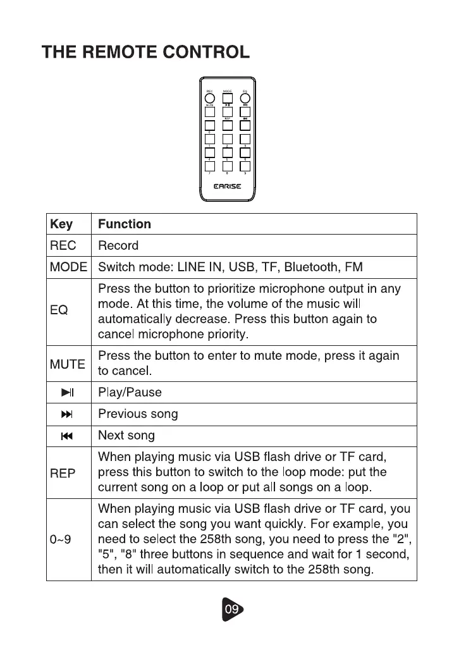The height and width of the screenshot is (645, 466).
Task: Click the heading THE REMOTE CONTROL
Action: [x=146, y=52]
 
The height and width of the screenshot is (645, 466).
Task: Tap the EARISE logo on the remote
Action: [x=227, y=186]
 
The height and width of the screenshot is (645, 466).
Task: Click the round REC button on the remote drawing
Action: [x=209, y=98]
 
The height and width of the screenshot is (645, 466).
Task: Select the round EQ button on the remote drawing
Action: [x=245, y=98]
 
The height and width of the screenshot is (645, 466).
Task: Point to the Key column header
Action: [x=61, y=224]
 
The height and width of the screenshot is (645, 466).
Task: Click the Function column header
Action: [x=125, y=224]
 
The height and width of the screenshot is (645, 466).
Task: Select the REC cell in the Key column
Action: [x=63, y=245]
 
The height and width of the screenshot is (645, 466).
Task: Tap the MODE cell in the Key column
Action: [x=68, y=267]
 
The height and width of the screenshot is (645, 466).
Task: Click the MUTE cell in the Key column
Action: [x=67, y=364]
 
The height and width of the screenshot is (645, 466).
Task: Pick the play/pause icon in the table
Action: [x=68, y=393]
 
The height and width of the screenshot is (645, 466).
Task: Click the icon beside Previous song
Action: [x=68, y=415]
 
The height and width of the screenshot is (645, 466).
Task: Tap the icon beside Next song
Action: [x=68, y=436]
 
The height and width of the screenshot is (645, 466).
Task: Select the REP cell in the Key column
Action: [x=63, y=472]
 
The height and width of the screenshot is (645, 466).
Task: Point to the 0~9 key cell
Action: [x=61, y=539]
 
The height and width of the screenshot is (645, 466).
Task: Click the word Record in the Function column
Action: [x=118, y=245]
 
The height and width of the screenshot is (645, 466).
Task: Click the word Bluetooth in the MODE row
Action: [x=310, y=267]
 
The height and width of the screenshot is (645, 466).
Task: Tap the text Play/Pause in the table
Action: [x=130, y=393]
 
